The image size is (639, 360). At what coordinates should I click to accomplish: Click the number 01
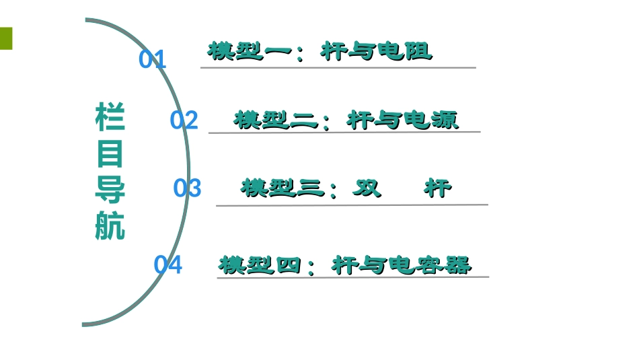[152, 60]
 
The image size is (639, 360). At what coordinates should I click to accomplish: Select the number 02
[184, 120]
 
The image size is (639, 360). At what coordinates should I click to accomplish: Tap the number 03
[187, 188]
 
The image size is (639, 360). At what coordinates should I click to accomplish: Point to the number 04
[167, 265]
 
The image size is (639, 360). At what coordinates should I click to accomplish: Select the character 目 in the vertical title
[110, 154]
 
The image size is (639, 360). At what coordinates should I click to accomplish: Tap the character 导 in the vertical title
[110, 190]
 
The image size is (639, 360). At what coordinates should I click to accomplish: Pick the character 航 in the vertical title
[110, 227]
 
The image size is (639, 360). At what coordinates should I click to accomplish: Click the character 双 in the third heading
[367, 188]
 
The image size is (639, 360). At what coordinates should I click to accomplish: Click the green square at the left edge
[6, 38]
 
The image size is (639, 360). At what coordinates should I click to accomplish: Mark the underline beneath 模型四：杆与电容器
[352, 277]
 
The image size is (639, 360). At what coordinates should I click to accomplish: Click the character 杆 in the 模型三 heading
[438, 188]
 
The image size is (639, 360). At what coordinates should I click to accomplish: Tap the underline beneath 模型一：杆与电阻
[338, 67]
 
